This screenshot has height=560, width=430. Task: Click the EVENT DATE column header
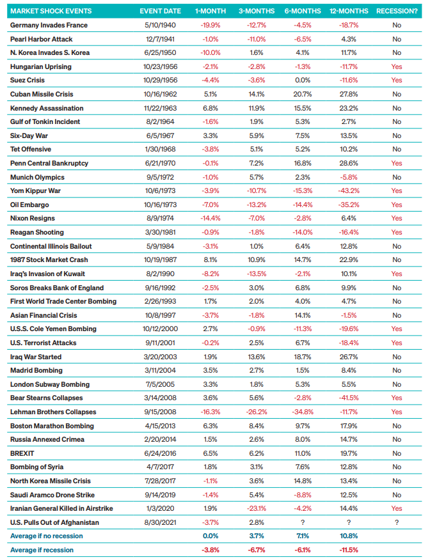point(160,11)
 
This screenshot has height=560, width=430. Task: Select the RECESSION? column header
point(397,11)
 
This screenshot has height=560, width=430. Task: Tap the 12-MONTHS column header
point(349,11)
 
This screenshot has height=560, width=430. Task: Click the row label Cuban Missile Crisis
point(42,94)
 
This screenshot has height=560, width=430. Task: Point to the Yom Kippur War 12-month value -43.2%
point(349,191)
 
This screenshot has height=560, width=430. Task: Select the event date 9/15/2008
point(160,412)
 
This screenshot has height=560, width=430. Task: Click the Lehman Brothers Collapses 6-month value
point(303,412)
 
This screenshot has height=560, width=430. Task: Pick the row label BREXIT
point(22,454)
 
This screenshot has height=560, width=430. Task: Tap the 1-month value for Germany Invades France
point(211,25)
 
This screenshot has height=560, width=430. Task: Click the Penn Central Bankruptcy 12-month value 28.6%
point(349,163)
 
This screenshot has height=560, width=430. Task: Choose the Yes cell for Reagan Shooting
point(397,232)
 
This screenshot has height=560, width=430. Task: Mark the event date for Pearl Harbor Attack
point(160,39)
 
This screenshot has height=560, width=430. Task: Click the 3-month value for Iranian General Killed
point(257,509)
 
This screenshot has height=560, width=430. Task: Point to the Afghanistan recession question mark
point(397,522)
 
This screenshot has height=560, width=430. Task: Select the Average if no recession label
point(47,536)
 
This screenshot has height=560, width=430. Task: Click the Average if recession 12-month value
point(349,550)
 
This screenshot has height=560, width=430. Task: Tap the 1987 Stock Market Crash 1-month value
point(211,260)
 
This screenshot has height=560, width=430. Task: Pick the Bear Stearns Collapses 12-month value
point(349,398)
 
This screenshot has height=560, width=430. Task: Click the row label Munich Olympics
point(38,177)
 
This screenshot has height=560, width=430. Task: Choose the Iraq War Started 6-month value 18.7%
point(303,357)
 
